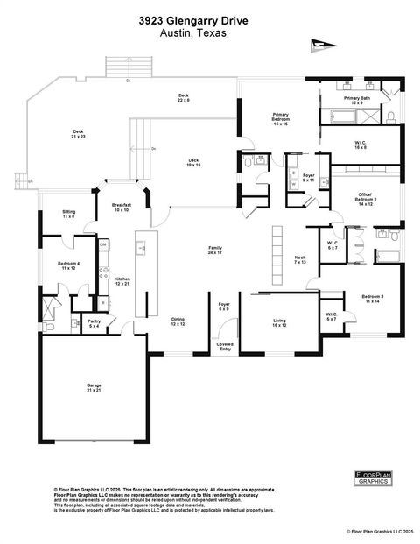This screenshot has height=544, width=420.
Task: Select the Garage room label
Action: pos(93,386)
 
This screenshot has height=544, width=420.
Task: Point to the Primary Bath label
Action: pos(357,100)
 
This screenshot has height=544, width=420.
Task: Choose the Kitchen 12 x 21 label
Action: pos(122,281)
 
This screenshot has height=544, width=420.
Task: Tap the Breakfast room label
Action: pos(121,207)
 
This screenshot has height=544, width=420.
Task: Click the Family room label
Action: pos(214,251)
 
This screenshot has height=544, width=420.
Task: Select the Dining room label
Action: pos(178,321)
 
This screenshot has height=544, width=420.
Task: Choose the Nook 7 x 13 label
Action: pos(300,259)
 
